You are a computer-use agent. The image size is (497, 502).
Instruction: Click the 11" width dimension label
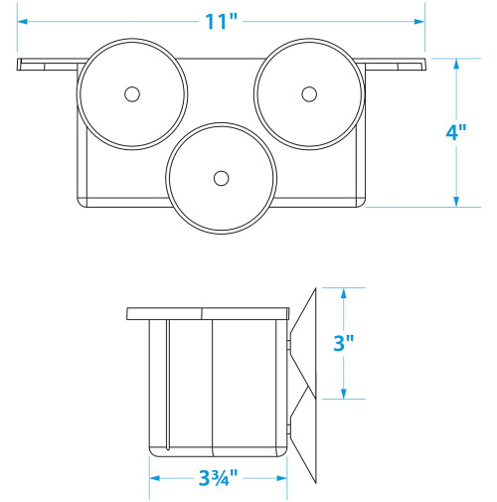(221, 22)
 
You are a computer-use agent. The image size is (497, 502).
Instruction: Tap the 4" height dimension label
(456, 132)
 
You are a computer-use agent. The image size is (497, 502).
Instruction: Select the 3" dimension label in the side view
(344, 343)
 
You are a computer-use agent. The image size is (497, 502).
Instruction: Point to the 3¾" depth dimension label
(219, 477)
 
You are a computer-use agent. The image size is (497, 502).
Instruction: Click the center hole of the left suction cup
(132, 94)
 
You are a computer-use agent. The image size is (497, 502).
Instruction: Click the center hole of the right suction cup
(309, 94)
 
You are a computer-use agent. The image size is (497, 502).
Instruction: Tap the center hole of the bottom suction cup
(221, 179)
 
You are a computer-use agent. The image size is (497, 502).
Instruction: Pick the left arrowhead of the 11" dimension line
(22, 22)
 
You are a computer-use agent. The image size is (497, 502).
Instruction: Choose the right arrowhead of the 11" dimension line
(419, 22)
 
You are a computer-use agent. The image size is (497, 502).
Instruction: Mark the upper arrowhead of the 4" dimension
(456, 64)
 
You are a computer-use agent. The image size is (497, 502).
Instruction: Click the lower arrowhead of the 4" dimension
(456, 202)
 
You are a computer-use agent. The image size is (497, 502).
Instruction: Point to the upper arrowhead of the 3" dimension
(344, 293)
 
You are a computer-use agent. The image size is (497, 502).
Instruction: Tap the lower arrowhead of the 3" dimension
(344, 394)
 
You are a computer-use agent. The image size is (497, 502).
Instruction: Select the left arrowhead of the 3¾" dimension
(154, 478)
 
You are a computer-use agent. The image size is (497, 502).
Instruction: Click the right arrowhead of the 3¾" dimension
(281, 478)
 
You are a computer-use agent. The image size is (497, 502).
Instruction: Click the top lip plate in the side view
(208, 314)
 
